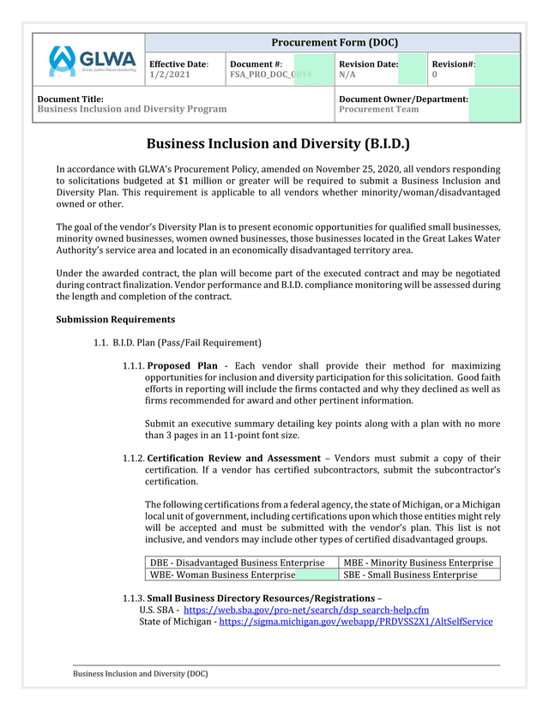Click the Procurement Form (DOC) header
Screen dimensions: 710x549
tap(334, 43)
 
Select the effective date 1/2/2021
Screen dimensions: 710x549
tap(170, 75)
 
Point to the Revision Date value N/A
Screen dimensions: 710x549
tap(347, 75)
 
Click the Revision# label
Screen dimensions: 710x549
tap(454, 64)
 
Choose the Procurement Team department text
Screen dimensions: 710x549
tap(379, 110)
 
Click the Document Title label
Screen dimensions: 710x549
tap(70, 99)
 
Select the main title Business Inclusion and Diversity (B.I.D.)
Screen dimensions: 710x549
tap(278, 143)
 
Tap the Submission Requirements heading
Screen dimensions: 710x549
tap(115, 320)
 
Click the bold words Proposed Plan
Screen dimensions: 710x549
tap(183, 366)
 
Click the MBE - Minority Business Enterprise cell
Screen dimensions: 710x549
tap(419, 563)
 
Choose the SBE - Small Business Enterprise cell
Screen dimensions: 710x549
tap(410, 575)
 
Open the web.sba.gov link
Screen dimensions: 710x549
tap(306, 610)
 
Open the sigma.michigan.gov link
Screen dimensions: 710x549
tap(356, 622)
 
